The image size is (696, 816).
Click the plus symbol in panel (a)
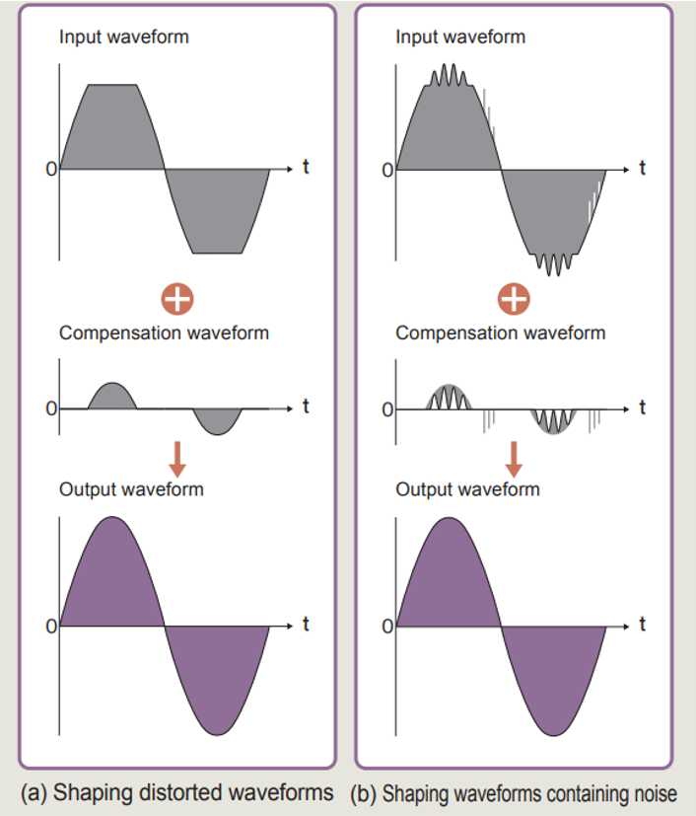point(177,299)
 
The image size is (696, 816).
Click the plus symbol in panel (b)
point(514,299)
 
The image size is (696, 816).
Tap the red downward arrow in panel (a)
point(177,459)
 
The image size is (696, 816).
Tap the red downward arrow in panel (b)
point(514,459)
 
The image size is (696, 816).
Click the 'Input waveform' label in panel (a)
point(123,37)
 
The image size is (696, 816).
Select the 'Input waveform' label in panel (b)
point(460,37)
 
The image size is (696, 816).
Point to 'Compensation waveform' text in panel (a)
point(164,334)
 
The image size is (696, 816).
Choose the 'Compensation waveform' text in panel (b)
point(500,334)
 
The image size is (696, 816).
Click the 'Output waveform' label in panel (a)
point(131,489)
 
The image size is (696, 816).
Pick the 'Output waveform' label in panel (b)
point(467,489)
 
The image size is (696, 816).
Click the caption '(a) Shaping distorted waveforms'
point(176,793)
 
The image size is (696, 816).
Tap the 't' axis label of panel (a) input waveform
point(306,167)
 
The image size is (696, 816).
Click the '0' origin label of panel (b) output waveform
point(387,626)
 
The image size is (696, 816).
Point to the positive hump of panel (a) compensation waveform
point(112,398)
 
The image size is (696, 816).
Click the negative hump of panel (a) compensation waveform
point(217,420)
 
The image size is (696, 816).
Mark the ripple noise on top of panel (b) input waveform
point(450,75)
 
